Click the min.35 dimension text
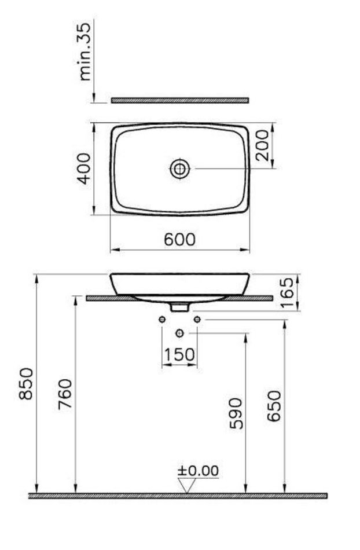85,52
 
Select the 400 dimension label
84,168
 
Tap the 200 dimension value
262,145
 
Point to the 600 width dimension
179,239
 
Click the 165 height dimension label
287,292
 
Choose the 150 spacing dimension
179,354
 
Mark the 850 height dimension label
26,384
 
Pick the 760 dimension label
65,394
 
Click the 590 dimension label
236,413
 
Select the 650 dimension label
274,406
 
